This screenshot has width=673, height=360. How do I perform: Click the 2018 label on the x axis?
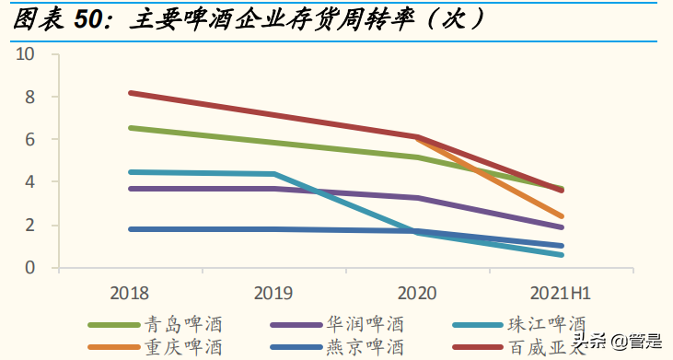pyautogui.click(x=129, y=293)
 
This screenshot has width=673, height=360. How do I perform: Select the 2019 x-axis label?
pyautogui.click(x=273, y=293)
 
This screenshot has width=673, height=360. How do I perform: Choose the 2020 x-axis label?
pyautogui.click(x=417, y=293)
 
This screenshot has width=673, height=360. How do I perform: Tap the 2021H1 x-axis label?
pyautogui.click(x=561, y=293)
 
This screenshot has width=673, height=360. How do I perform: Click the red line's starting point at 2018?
pyautogui.click(x=131, y=93)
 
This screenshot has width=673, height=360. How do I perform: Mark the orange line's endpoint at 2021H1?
pyautogui.click(x=562, y=216)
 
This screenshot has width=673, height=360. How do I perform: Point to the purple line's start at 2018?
pyautogui.click(x=131, y=189)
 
